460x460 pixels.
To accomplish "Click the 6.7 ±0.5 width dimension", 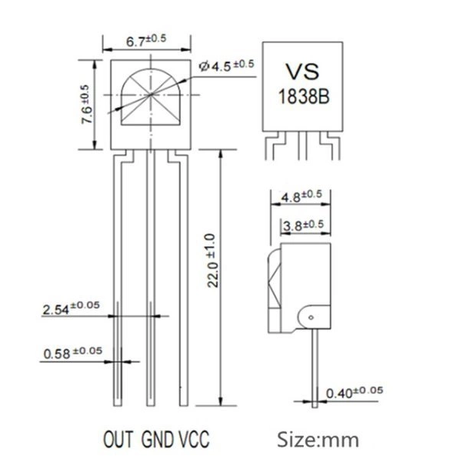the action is pos(146,41).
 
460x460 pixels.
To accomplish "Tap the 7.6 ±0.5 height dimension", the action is pos(87,104).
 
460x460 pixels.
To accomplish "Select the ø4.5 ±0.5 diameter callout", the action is pos(226,65).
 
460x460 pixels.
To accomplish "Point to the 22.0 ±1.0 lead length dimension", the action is pos(212,260).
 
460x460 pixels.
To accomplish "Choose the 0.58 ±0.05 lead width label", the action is pos(73,352).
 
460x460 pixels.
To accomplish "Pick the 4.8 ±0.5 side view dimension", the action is pos(302,196).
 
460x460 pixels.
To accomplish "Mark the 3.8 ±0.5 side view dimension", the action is pos(304,225).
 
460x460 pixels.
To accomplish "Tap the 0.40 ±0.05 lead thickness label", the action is pos(355,392).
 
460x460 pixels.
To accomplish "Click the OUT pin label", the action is pos(118,439).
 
